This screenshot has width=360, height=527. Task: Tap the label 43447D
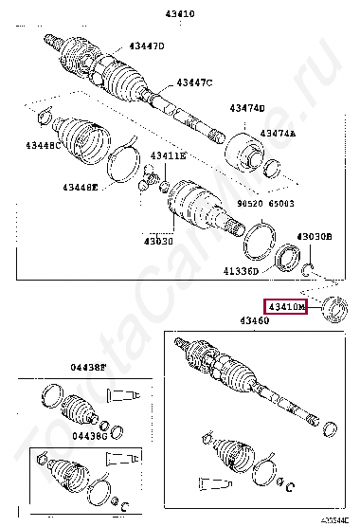(x=147, y=46)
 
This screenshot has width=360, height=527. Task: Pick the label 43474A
(x=278, y=134)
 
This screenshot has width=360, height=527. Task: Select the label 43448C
(x=43, y=145)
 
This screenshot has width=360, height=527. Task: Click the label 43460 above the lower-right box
(x=253, y=323)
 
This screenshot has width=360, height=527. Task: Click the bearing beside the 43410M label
(x=335, y=309)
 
